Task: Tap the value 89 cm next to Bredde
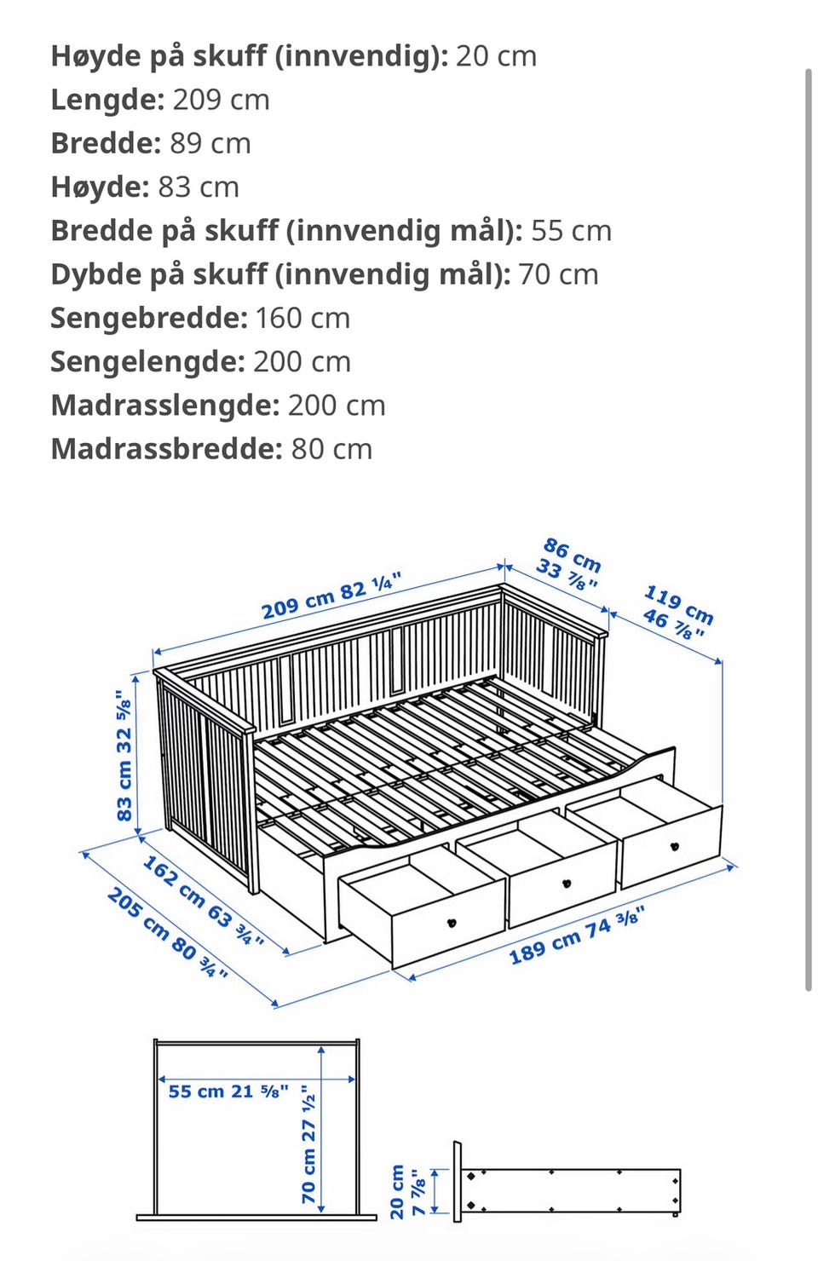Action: [210, 143]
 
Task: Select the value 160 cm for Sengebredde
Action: [302, 318]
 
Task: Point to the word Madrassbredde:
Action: [166, 449]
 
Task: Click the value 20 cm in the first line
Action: [496, 56]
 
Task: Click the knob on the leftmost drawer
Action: [452, 922]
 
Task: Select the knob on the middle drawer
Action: [566, 883]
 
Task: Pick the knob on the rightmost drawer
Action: [676, 846]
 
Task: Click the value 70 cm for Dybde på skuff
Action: [558, 274]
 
